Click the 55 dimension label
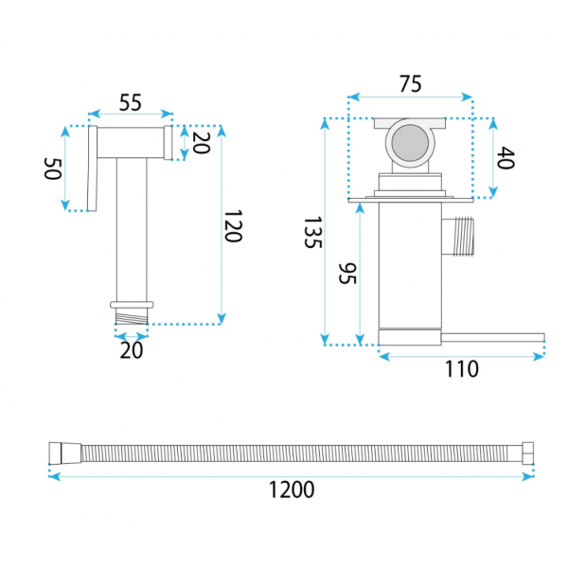[131, 102]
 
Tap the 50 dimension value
[52, 169]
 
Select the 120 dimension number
[233, 226]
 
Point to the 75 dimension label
[411, 83]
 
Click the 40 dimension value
[506, 157]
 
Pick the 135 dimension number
[312, 232]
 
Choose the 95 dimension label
[347, 274]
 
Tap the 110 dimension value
[462, 369]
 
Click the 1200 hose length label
[292, 489]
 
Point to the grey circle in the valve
[410, 143]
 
